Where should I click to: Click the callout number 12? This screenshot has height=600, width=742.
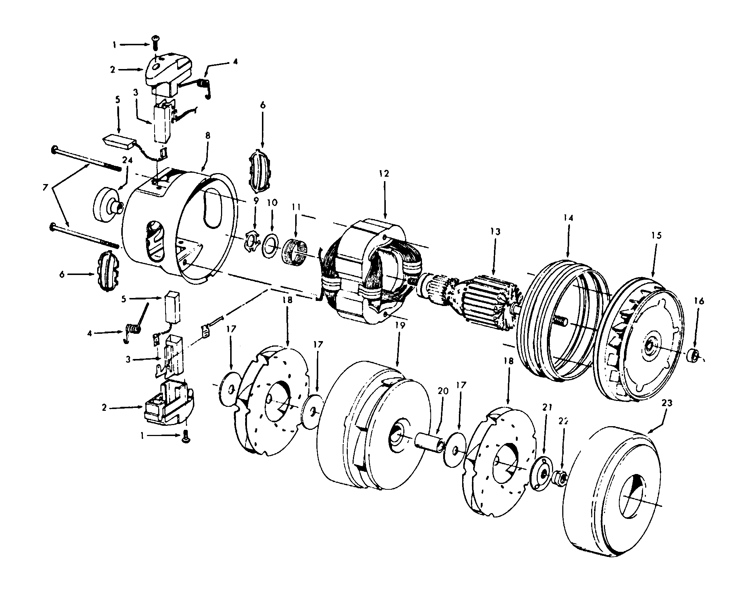pyautogui.click(x=384, y=173)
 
